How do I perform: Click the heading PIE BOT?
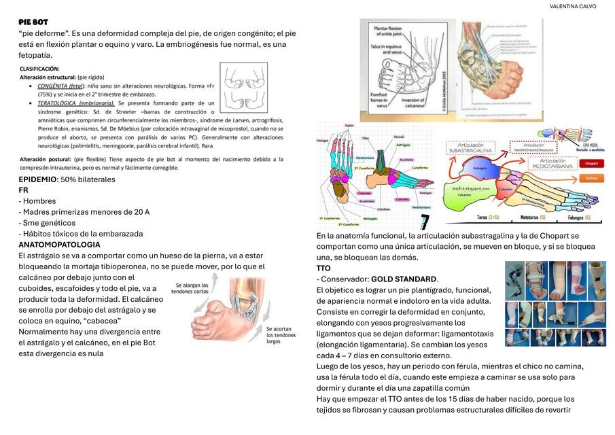point(33,22)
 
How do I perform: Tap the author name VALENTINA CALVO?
point(573,6)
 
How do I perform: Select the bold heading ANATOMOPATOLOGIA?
point(59,244)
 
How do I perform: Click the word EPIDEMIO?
point(38,179)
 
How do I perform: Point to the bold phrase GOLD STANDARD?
point(403,279)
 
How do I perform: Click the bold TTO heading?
point(323,268)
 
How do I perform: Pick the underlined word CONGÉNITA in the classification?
point(51,86)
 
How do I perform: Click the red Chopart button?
point(591,164)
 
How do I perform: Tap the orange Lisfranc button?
point(591,178)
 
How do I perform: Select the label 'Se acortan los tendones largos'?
point(281,334)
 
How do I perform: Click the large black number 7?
point(425,222)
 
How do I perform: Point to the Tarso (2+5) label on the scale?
point(488,218)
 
